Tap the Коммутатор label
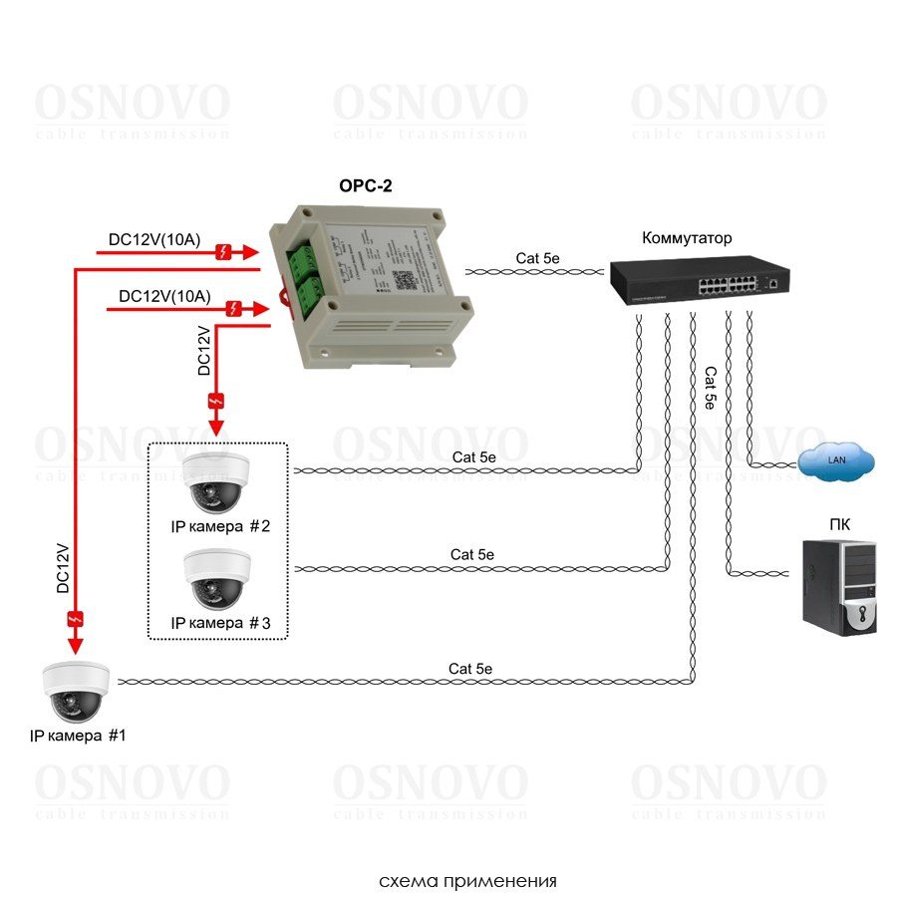click(687, 238)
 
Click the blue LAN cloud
click(836, 460)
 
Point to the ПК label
click(839, 524)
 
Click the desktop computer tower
click(839, 587)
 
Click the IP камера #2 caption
click(220, 527)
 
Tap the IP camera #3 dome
click(215, 580)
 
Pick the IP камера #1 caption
click(77, 737)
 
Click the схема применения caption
click(467, 881)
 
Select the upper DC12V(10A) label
click(154, 240)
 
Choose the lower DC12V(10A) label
click(164, 296)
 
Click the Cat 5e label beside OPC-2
click(537, 258)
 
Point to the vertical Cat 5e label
click(710, 389)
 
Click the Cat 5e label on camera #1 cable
click(470, 668)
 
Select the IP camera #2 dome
click(215, 482)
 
